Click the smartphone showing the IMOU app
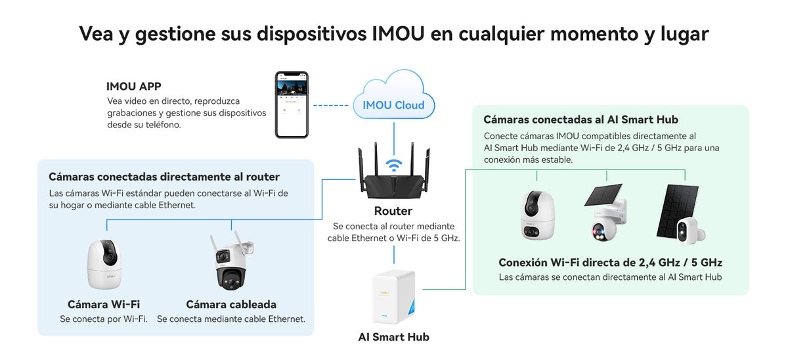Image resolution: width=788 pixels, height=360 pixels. click(x=292, y=104)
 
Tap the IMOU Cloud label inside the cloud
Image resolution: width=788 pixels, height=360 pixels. click(x=393, y=105)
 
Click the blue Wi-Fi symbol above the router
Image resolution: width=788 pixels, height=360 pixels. click(x=393, y=165)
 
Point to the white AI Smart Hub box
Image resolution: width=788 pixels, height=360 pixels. click(x=393, y=297)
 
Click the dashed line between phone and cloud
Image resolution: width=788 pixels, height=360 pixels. click(x=331, y=105)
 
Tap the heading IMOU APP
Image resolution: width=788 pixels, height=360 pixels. click(x=134, y=87)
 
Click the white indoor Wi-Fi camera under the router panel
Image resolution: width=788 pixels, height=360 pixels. click(x=104, y=264)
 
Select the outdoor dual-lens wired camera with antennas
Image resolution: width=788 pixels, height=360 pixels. click(x=231, y=261)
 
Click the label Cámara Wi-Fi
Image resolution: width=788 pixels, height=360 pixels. click(x=104, y=304)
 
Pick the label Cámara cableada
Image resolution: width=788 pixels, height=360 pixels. click(x=231, y=304)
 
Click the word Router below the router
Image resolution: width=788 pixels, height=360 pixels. click(x=393, y=211)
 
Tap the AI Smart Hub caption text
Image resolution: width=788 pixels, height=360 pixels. click(x=393, y=337)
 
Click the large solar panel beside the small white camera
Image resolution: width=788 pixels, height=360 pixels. click(x=677, y=210)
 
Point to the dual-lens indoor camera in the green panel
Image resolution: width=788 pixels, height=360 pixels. click(x=537, y=215)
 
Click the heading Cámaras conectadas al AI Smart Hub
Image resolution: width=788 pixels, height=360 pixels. click(x=580, y=120)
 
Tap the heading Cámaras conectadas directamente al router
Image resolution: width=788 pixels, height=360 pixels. click(x=164, y=177)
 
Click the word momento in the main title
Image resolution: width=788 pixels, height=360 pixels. click(x=594, y=34)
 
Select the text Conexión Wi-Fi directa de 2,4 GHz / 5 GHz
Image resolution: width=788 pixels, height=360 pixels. click(x=610, y=263)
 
